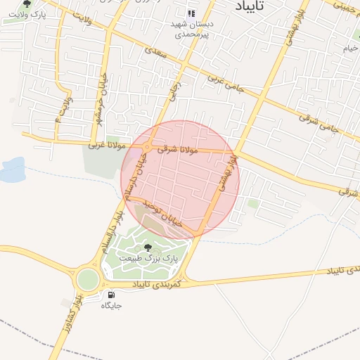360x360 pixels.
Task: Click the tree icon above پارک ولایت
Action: pos(27,4)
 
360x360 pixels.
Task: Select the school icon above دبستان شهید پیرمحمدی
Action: pos(191,13)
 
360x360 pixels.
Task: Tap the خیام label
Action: pos(350,49)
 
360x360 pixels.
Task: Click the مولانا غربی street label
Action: pos(106,146)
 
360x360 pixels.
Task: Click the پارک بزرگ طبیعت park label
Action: pos(148,258)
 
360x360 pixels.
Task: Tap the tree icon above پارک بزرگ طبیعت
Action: pos(147,247)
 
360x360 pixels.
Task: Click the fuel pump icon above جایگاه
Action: pos(111,295)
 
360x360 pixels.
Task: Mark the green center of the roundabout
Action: pos(87,279)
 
